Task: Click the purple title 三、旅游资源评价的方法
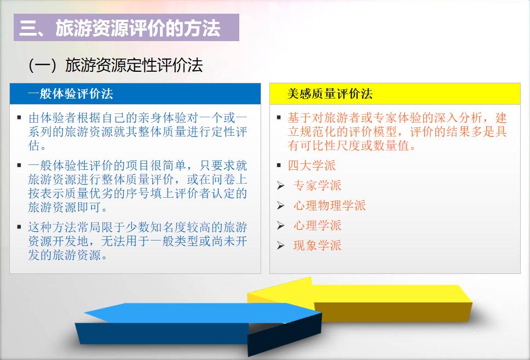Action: tap(120, 28)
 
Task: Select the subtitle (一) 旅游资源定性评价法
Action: tap(116, 65)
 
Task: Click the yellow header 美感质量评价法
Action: tap(330, 94)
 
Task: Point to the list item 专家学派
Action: tap(317, 185)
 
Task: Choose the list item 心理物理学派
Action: tap(329, 205)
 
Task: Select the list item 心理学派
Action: tap(317, 225)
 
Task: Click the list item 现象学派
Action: tap(317, 245)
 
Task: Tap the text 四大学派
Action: tap(312, 165)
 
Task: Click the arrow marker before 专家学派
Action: tap(280, 186)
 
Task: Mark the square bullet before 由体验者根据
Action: tap(19, 117)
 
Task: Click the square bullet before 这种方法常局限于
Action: tap(19, 227)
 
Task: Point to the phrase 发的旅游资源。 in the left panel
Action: tap(67, 255)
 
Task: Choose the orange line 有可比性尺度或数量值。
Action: tap(352, 146)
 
